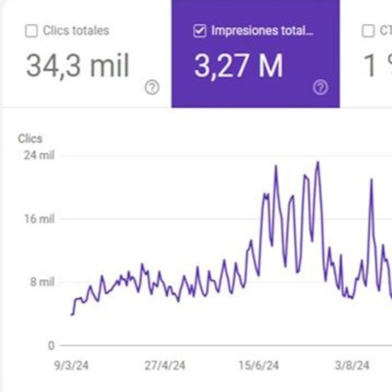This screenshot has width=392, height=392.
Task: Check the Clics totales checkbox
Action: (x=31, y=31)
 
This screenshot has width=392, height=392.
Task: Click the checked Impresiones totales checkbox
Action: (x=199, y=31)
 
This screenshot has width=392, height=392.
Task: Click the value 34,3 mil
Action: (x=77, y=66)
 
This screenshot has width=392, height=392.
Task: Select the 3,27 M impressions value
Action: (x=239, y=66)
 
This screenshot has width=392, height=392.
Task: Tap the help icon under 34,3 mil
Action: (x=152, y=88)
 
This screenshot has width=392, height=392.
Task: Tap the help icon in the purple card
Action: (x=320, y=88)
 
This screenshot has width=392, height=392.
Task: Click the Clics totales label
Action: (x=76, y=31)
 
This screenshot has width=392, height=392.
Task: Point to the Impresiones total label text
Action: (x=262, y=31)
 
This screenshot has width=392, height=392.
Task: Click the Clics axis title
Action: (x=30, y=139)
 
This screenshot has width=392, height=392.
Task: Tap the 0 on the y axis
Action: (x=51, y=345)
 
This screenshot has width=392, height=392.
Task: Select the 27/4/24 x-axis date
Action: (x=165, y=366)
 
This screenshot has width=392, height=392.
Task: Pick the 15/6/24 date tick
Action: (x=259, y=366)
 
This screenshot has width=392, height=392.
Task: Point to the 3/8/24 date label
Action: (x=352, y=366)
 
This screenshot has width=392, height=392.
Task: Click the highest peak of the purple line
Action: (x=318, y=162)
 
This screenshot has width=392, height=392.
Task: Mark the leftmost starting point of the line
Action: (x=72, y=314)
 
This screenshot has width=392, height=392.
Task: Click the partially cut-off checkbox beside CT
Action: (x=367, y=31)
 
